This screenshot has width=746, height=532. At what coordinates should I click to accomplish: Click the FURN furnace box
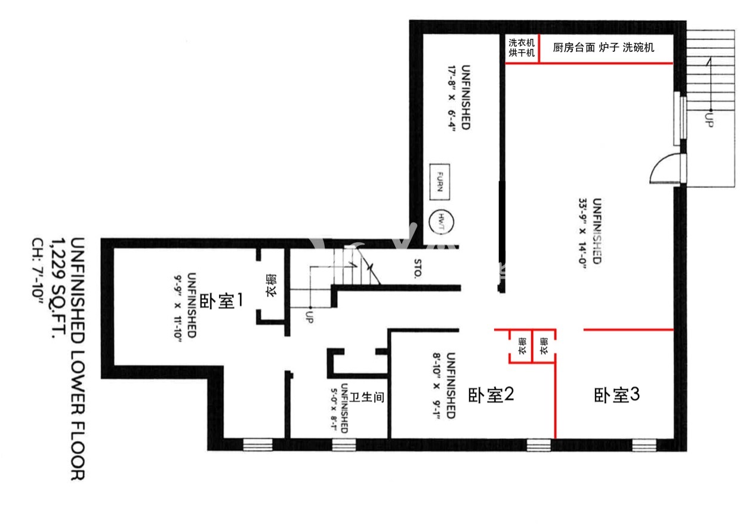[x=440, y=182]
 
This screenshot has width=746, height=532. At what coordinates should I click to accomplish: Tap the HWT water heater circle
[x=441, y=222]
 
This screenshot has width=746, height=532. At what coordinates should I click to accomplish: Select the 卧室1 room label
[x=221, y=301]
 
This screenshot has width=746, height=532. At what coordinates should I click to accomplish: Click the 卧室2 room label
[x=491, y=395]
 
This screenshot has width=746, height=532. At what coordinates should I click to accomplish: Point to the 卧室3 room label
[x=616, y=395]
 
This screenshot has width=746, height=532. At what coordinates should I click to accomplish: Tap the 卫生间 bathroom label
[x=366, y=397]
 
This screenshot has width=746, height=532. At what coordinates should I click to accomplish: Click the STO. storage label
[x=418, y=268]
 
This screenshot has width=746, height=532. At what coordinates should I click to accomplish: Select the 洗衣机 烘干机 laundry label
[x=522, y=48]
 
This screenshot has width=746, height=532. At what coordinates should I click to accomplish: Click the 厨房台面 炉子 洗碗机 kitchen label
[x=603, y=48]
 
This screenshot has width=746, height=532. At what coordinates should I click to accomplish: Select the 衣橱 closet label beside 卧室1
[x=272, y=285]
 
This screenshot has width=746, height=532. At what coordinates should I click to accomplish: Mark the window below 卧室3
[x=644, y=445]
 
